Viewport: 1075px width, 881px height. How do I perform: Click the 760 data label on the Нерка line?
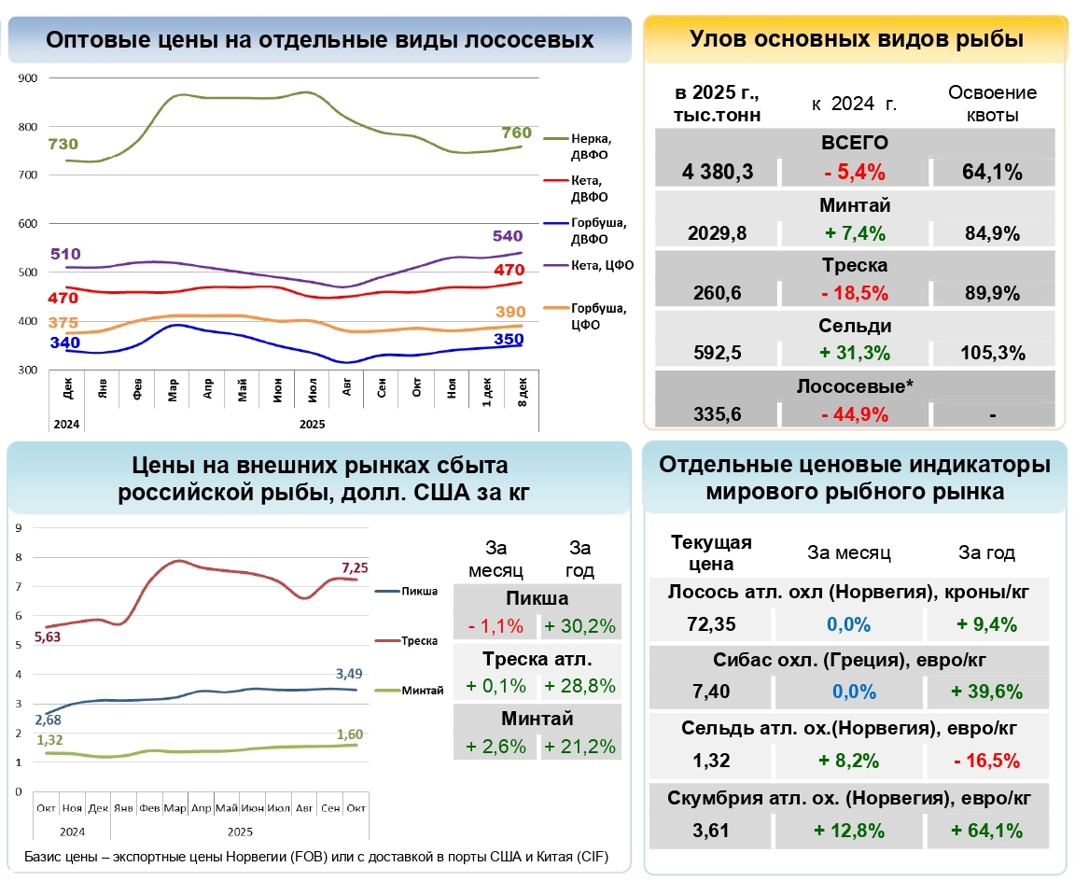[516, 133]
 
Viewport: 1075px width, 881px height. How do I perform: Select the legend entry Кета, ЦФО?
[603, 265]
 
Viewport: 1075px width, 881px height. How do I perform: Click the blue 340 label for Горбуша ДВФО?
[65, 342]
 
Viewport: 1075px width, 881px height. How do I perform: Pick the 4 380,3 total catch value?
[717, 172]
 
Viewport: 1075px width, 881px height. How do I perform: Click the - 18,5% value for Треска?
[855, 293]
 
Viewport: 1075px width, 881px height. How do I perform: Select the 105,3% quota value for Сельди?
[993, 353]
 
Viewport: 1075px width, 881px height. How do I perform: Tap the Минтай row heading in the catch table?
[855, 205]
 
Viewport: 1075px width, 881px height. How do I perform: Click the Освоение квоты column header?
[992, 104]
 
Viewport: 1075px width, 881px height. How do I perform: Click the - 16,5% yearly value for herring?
[986, 761]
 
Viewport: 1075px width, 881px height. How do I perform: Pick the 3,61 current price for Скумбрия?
[711, 830]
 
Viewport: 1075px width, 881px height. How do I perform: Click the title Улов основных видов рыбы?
[856, 39]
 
